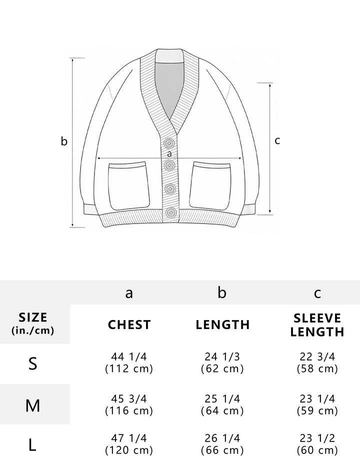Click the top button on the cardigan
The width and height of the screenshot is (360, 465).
click(x=169, y=143)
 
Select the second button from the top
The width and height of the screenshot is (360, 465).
click(x=169, y=164)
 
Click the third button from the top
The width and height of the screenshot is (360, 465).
click(x=170, y=189)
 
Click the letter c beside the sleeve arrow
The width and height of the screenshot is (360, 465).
click(x=277, y=140)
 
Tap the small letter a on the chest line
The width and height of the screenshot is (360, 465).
click(x=169, y=154)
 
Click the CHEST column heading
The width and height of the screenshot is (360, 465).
click(x=129, y=324)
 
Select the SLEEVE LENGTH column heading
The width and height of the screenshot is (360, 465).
click(x=317, y=325)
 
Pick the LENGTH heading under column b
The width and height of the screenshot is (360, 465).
click(x=222, y=324)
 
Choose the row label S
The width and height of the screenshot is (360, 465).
click(x=33, y=363)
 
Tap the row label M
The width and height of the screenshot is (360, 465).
click(x=32, y=405)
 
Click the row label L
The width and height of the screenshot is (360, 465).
click(x=32, y=445)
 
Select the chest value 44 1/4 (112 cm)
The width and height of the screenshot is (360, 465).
click(x=129, y=362)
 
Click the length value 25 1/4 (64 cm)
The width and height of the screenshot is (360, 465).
click(x=222, y=404)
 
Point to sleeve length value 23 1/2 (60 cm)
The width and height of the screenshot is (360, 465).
click(x=317, y=444)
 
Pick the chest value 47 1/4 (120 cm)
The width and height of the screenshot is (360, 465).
click(x=129, y=444)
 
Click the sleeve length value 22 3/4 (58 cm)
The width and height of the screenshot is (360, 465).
click(x=317, y=362)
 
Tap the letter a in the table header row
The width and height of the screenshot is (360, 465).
click(x=129, y=293)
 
